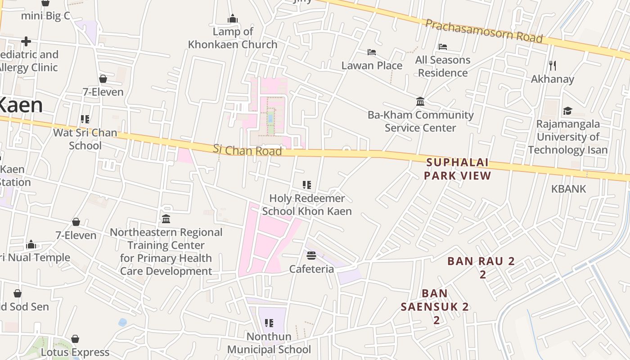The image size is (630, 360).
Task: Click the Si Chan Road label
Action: [x=247, y=150]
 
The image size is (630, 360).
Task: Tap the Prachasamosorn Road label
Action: [x=484, y=31]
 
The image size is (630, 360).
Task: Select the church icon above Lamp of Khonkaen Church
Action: [x=233, y=19]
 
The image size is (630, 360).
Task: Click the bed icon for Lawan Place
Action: [x=372, y=52]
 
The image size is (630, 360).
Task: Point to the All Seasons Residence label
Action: [x=443, y=66]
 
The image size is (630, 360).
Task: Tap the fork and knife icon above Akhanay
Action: [x=553, y=66]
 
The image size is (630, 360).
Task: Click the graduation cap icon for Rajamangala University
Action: [x=567, y=111]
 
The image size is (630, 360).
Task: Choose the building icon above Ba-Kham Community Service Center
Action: [x=420, y=102]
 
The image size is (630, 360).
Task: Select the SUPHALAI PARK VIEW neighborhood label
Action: [x=457, y=169]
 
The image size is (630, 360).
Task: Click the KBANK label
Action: [x=569, y=189]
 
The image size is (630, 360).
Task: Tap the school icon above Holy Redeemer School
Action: [x=307, y=185]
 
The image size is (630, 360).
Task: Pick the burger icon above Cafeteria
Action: [x=311, y=256]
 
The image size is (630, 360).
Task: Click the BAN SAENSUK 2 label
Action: [x=435, y=306]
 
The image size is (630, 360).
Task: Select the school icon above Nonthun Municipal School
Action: [x=269, y=323]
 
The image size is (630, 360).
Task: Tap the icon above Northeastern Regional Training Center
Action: [x=166, y=219]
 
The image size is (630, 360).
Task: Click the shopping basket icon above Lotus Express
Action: [x=75, y=339]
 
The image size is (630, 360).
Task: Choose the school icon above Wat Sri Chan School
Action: [x=85, y=119]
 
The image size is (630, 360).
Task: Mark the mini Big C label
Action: [x=46, y=16]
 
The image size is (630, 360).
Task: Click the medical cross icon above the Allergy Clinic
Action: [x=26, y=41]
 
